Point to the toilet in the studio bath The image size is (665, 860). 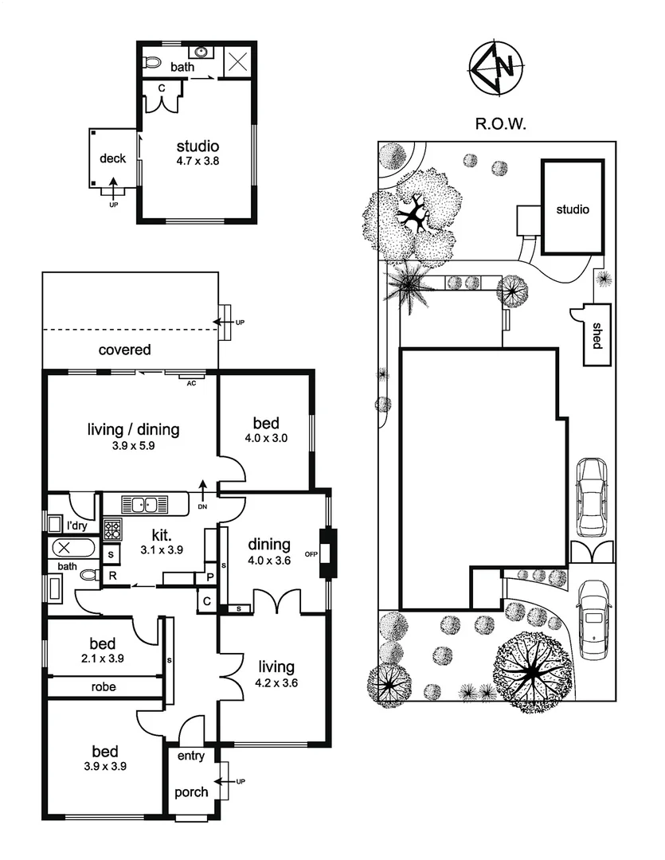click(152, 62)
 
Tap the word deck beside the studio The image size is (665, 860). click(112, 158)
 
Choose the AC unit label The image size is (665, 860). click(190, 382)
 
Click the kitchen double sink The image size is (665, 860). click(146, 504)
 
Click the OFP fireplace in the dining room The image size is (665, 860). click(325, 553)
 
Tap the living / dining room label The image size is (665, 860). click(133, 430)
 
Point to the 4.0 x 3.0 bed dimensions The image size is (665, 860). click(265, 438)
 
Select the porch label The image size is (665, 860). click(191, 792)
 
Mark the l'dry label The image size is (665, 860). click(76, 526)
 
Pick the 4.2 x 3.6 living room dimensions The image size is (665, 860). click(276, 682)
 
